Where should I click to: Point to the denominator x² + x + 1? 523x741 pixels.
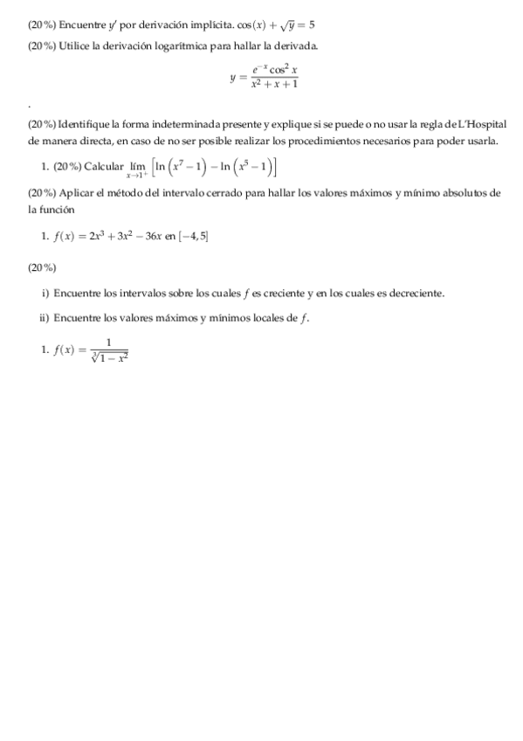pos(274,85)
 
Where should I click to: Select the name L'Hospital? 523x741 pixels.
pos(479,126)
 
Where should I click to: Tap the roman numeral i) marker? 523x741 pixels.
pos(45,293)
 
